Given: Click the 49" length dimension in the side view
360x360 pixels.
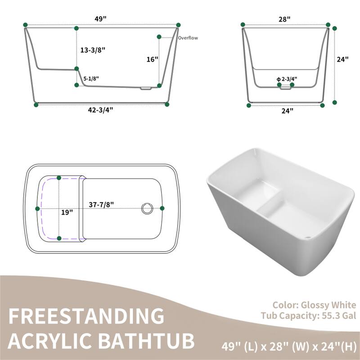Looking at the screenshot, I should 100,18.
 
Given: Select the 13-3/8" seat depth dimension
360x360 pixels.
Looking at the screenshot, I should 93,50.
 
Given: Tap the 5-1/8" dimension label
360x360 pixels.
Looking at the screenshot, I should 91,79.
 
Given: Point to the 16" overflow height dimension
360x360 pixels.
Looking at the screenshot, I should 152,59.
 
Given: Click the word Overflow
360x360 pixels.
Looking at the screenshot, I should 188,38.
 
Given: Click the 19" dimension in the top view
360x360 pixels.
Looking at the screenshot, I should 67,212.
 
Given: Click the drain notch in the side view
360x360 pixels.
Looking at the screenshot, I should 145,88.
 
